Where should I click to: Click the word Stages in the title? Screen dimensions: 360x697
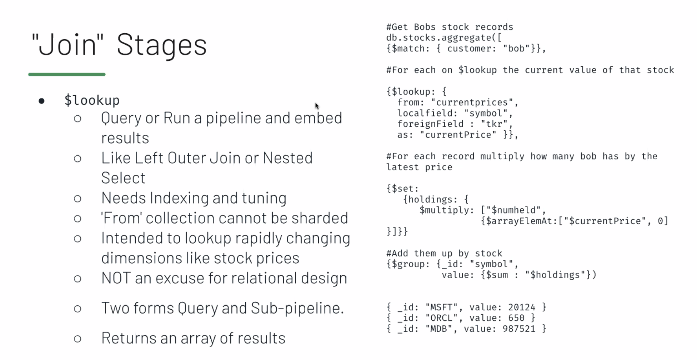pos(162,45)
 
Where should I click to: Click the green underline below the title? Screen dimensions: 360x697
pos(67,74)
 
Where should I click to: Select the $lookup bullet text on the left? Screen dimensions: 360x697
pos(92,100)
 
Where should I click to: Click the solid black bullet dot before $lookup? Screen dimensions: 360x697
pos(41,101)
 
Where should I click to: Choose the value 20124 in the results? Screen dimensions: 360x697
pos(521,307)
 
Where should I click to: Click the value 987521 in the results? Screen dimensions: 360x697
pos(519,329)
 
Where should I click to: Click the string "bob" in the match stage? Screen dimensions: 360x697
pos(516,49)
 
